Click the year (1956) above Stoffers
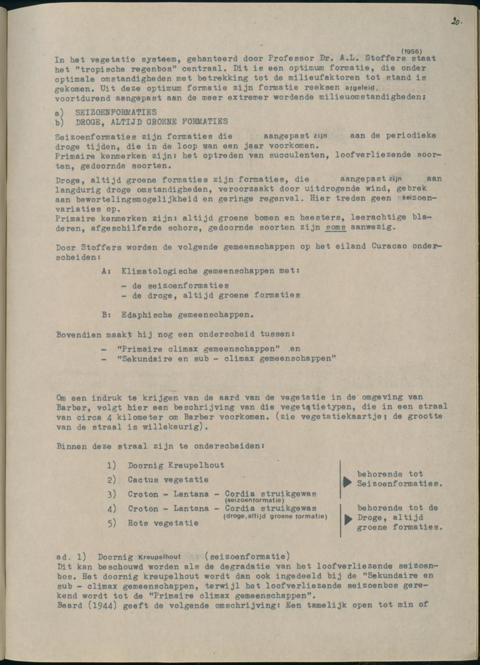point(412,51)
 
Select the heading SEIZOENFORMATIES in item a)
point(116,112)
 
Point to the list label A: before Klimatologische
point(106,271)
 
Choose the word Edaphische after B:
point(147,314)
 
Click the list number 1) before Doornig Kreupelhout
point(111,465)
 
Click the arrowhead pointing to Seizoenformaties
point(347,483)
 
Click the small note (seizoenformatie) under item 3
point(254,500)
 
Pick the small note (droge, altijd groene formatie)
point(275,516)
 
